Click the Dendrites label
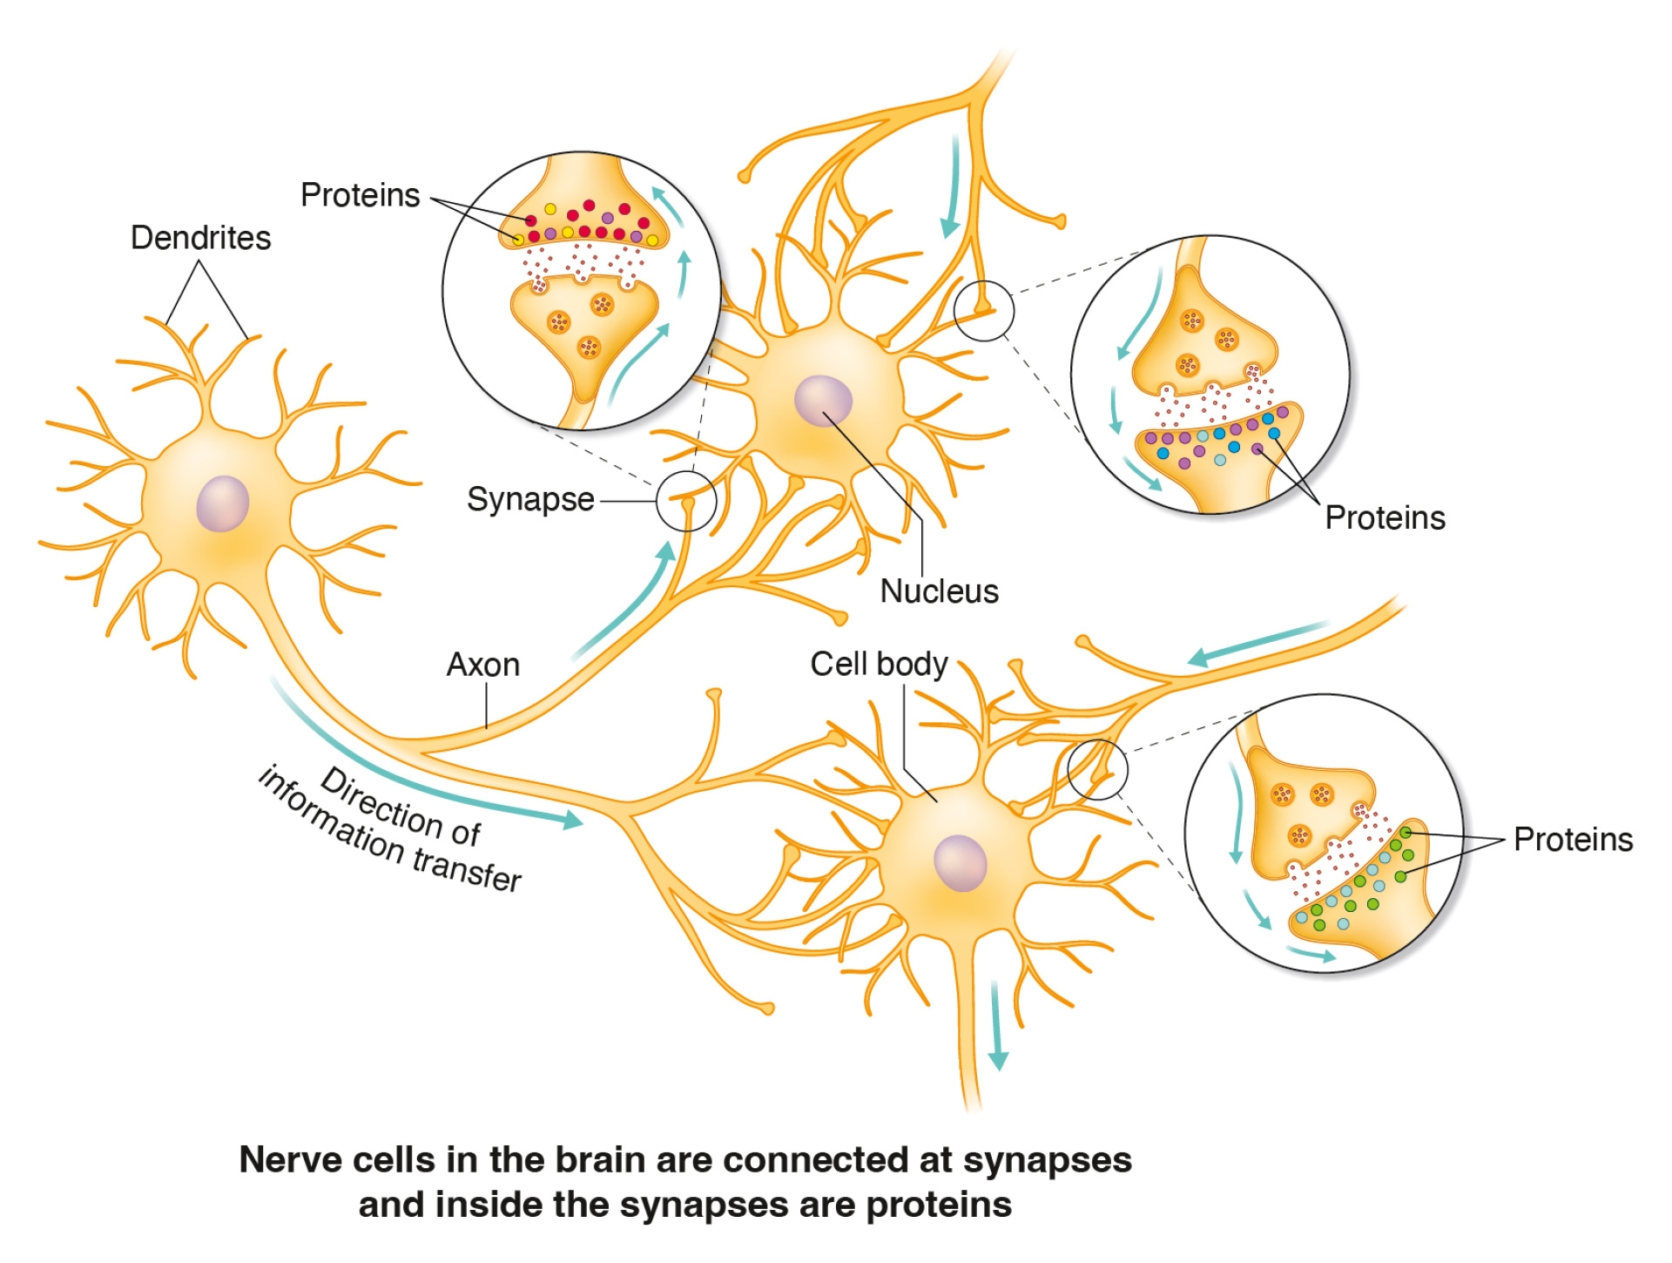click(200, 238)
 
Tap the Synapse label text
click(530, 500)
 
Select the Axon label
click(483, 665)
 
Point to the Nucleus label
click(939, 591)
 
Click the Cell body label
click(879, 664)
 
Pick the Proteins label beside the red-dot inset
click(360, 195)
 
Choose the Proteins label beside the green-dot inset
click(1573, 840)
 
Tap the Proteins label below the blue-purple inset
click(1385, 518)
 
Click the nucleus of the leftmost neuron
click(223, 503)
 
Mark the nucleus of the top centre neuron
click(823, 401)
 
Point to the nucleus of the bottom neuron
click(960, 863)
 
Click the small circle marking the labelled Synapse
click(686, 501)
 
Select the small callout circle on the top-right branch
click(984, 310)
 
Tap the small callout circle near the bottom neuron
click(1097, 770)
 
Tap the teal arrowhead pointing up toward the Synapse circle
click(666, 551)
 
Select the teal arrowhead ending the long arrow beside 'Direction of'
click(572, 819)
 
